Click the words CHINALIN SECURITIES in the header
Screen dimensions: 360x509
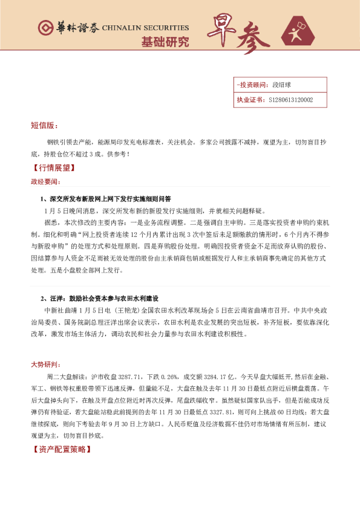[145, 28]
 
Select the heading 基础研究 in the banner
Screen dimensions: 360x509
[165, 42]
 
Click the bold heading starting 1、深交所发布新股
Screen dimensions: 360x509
[106, 198]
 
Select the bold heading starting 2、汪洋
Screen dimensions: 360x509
[99, 299]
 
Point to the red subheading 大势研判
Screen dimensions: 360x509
[45, 365]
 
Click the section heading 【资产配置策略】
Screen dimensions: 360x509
[62, 450]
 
